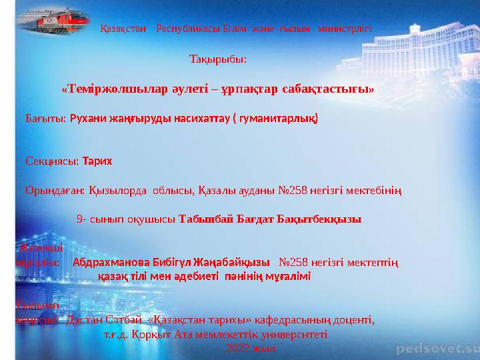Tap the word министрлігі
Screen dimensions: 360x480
(345, 29)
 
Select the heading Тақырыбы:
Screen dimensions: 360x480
(218, 59)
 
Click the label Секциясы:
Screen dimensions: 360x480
(52, 161)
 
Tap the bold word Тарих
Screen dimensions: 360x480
(97, 161)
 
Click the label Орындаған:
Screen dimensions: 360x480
(55, 191)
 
